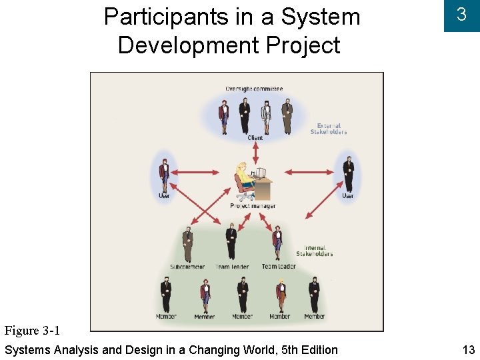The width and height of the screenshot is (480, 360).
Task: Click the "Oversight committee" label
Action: point(254,89)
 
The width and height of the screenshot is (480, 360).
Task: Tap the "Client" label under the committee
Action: point(255,138)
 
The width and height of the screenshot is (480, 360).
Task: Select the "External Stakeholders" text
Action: point(329,129)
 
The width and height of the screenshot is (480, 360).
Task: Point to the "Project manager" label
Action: point(253,206)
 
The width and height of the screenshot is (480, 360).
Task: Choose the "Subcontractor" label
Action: point(187,267)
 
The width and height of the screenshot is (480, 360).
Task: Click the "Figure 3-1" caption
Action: point(33,331)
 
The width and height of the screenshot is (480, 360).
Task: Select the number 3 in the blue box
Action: point(461,15)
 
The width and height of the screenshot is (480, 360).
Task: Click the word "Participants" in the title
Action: point(165,17)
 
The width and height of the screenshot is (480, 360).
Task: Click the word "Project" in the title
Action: point(303,45)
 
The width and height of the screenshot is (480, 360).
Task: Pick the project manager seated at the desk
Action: point(243,181)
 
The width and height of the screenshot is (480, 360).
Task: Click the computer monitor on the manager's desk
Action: point(260,173)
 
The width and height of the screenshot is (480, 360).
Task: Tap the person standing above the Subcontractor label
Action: point(188,244)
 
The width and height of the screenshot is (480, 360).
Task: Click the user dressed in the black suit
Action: point(348,173)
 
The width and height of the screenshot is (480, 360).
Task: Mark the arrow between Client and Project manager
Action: point(255,151)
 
